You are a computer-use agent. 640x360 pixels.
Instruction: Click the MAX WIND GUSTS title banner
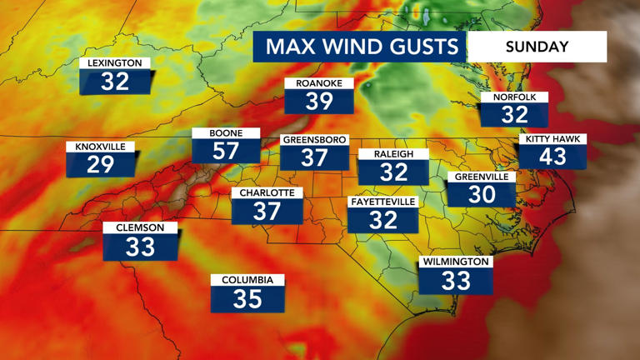tap(361, 47)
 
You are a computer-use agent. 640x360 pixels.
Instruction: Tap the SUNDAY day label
tap(537, 47)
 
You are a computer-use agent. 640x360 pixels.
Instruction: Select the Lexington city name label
tap(116, 63)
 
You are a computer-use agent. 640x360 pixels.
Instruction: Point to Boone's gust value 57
tap(226, 151)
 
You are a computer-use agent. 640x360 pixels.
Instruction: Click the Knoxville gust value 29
tap(101, 164)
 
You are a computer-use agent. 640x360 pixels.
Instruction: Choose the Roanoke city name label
tap(319, 83)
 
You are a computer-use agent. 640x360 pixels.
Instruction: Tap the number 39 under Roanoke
tap(319, 102)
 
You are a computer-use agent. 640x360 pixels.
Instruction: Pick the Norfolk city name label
tap(514, 97)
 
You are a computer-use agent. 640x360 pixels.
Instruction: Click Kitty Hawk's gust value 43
tap(552, 156)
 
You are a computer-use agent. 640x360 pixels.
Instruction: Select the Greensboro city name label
tap(314, 140)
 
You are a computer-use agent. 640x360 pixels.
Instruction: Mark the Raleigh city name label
tap(393, 154)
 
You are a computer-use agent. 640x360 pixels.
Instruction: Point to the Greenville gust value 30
tap(482, 194)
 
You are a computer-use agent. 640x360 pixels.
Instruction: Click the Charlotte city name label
tap(267, 193)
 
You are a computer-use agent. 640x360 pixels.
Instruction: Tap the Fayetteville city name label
tap(382, 202)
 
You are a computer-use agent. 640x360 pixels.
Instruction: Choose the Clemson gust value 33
tap(140, 247)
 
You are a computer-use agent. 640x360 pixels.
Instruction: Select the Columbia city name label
tap(247, 281)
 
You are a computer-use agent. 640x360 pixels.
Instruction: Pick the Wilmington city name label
tap(455, 262)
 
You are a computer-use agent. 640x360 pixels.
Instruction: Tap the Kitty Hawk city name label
tap(552, 139)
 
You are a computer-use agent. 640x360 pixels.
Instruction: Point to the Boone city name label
tap(226, 133)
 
